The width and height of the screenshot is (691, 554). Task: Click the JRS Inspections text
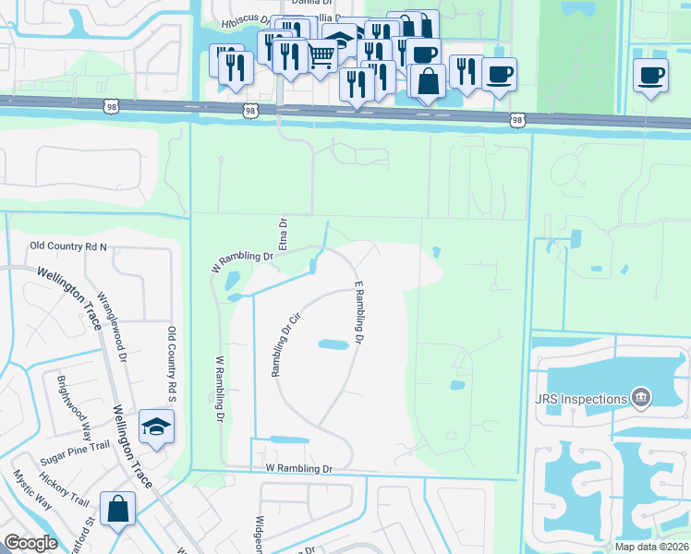(x=577, y=398)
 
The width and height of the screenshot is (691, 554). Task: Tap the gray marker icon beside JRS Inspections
(x=640, y=398)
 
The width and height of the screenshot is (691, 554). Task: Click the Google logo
(x=31, y=542)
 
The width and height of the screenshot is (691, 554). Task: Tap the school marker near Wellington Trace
(x=156, y=426)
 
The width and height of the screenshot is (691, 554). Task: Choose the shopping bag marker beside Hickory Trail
(x=118, y=509)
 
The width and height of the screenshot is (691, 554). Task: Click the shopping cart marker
(x=321, y=57)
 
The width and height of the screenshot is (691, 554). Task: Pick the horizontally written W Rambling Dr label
(x=298, y=469)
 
